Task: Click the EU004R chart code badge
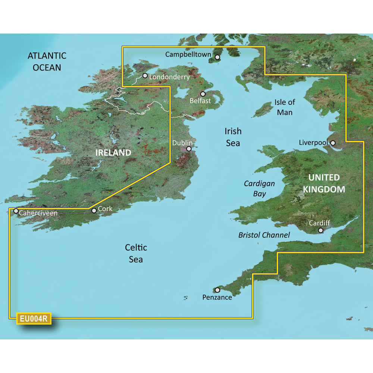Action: pos(34,319)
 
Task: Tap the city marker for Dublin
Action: pos(189,148)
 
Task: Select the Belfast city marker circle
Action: pos(203,94)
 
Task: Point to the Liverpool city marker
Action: pos(333,142)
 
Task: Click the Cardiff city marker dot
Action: pos(320,231)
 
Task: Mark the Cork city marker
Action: pos(94,210)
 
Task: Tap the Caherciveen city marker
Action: pos(16,211)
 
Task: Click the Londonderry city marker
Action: pos(145,75)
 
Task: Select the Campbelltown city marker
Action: pos(217,57)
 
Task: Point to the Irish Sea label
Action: pos(233,137)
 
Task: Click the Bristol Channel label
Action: pos(264,235)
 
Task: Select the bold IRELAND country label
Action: pos(113,153)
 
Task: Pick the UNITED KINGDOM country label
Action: pos(324,183)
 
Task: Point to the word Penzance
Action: pos(217,297)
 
